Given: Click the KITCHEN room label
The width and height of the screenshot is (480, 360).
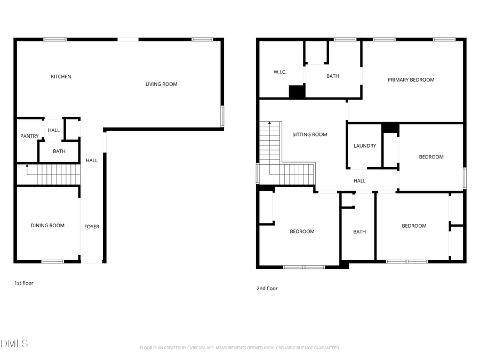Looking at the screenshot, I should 61,77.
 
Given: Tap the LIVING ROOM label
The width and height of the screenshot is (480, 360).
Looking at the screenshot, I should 161,84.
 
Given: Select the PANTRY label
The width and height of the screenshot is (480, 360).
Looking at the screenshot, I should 29,137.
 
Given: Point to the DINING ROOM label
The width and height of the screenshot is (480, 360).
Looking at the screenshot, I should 47,226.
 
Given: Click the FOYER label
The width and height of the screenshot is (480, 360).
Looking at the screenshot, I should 92,227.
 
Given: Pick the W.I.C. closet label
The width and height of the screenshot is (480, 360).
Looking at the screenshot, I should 281,72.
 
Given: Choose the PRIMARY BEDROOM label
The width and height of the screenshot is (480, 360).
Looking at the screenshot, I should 411,80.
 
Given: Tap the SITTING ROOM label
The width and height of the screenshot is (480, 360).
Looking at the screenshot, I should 309,135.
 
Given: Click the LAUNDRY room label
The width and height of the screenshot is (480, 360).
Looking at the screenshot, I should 365,146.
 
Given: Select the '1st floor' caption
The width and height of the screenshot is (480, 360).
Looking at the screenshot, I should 23,283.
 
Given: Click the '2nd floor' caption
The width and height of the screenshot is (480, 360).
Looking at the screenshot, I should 267,289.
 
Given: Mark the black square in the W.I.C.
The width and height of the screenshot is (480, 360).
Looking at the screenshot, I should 296,92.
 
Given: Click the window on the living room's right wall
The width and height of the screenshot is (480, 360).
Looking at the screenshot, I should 222,116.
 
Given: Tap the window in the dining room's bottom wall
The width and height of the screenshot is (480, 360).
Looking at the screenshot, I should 53,261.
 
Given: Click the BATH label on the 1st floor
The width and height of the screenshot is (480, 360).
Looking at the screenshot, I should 59,151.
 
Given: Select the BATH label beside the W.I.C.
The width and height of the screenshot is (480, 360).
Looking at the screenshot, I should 332,76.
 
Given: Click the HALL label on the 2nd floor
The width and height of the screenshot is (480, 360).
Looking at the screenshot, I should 359,181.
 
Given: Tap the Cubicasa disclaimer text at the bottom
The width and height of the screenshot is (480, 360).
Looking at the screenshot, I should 239,348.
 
